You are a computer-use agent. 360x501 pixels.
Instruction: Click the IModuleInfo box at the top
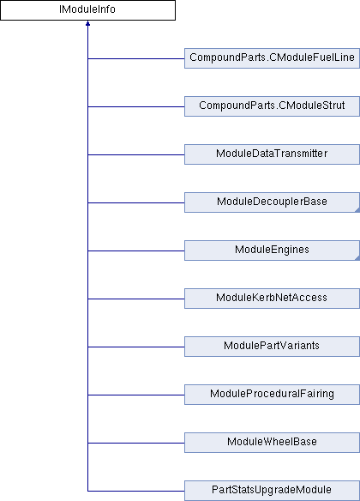click(87, 10)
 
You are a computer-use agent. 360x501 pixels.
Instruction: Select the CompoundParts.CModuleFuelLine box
click(272, 58)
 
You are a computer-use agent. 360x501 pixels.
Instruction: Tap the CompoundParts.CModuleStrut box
click(272, 106)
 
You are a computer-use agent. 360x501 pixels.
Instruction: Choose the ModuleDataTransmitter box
click(272, 154)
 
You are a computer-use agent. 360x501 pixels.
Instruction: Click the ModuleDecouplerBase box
click(272, 202)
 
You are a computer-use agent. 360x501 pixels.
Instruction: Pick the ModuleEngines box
click(272, 250)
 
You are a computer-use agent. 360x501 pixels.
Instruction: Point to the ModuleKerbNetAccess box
click(272, 299)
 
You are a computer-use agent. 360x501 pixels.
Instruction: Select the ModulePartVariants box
click(272, 347)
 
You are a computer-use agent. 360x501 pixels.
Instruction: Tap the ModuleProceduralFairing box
click(272, 395)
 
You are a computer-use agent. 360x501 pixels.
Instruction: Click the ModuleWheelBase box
click(272, 443)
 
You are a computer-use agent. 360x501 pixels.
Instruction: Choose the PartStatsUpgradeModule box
click(272, 491)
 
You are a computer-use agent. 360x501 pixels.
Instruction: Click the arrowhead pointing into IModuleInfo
click(87, 23)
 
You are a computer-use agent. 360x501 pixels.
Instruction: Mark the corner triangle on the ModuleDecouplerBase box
click(357, 210)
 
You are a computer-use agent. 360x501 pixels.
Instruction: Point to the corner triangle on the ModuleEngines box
click(357, 258)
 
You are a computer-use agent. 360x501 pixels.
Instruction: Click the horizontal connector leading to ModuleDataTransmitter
click(136, 154)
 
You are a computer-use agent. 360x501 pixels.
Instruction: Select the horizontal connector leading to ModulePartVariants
click(136, 347)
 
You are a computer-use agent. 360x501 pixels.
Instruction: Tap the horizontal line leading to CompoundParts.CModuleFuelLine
click(136, 58)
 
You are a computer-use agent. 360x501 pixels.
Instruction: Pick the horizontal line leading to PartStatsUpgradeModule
click(136, 491)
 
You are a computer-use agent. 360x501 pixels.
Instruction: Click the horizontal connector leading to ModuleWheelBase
click(136, 443)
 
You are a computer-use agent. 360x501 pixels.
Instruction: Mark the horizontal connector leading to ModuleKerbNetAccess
click(136, 299)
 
